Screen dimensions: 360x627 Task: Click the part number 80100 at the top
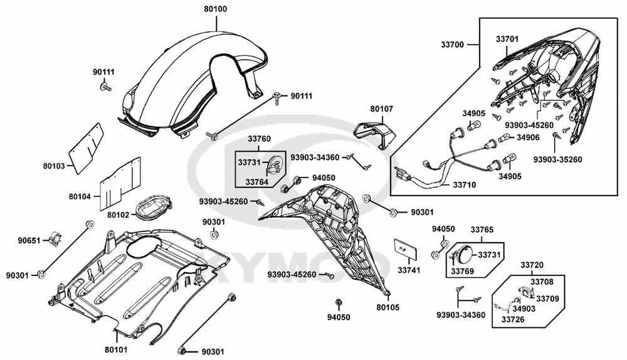tap(216, 10)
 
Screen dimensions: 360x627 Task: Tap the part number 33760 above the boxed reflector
tap(259, 139)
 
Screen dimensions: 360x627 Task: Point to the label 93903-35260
tap(558, 159)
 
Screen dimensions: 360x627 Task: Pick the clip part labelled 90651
tap(53, 239)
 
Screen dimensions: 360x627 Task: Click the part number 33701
tap(508, 40)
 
